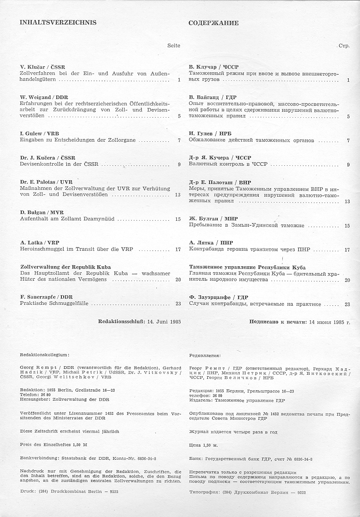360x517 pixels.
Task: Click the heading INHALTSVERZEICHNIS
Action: click(58, 22)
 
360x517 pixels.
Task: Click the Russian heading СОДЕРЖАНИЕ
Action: click(213, 23)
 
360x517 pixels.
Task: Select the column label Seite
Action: click(174, 45)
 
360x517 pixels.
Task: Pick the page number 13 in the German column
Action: click(178, 194)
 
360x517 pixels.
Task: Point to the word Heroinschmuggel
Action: click(41, 249)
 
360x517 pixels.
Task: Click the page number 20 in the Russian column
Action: click(347, 280)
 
